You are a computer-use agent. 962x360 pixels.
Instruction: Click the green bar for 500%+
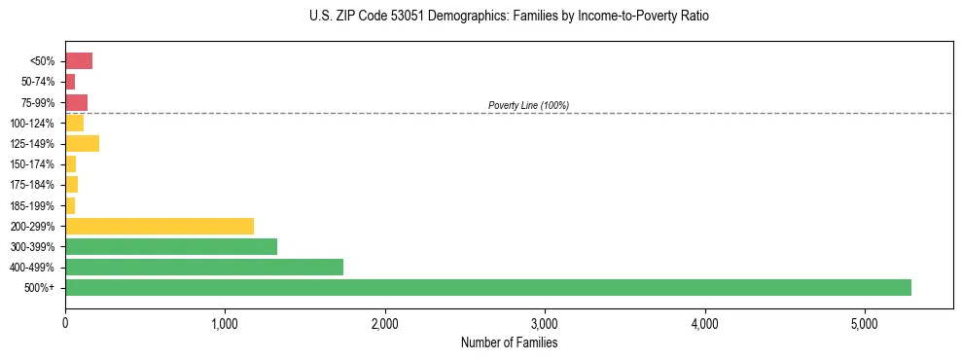pos(487,287)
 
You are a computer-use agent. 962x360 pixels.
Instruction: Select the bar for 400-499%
pos(204,267)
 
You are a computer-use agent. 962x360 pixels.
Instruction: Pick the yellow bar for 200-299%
pos(160,226)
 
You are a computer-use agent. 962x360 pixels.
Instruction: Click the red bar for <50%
pos(79,61)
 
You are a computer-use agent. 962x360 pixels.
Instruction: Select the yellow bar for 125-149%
pos(82,144)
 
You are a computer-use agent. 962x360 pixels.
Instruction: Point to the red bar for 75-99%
pos(76,102)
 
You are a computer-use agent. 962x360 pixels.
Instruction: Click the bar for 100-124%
pos(74,124)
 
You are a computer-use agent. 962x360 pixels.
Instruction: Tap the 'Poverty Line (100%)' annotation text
pos(528,105)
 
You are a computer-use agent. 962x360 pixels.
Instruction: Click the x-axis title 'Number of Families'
pos(509,342)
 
